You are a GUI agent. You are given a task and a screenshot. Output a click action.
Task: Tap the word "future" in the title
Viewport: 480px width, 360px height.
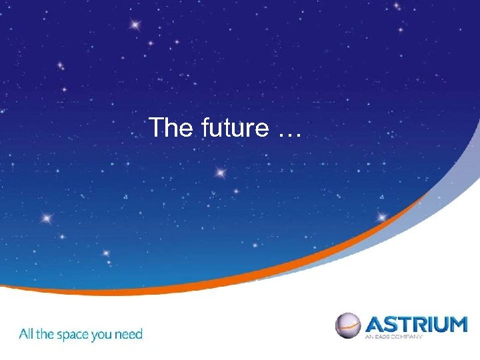(x=233, y=127)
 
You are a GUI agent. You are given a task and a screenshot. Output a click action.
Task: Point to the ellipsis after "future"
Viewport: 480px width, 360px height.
(x=288, y=133)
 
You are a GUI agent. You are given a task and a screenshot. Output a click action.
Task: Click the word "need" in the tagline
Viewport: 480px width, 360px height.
(x=130, y=333)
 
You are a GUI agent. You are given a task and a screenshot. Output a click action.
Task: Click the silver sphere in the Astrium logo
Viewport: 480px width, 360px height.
(x=347, y=325)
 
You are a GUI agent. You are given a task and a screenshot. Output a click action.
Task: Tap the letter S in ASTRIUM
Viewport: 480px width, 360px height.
(x=392, y=325)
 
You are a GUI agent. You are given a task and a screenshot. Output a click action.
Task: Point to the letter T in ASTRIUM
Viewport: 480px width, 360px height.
(x=407, y=325)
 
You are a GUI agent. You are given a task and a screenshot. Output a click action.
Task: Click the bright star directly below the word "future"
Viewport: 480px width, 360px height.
(x=221, y=173)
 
